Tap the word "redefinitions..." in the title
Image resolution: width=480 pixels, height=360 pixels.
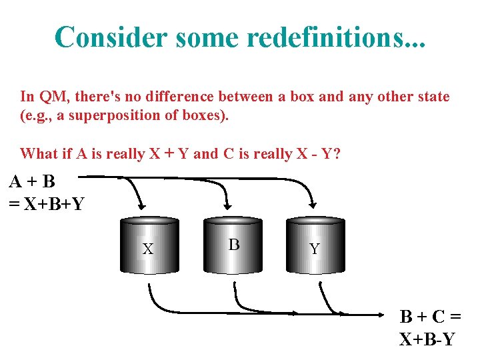336,37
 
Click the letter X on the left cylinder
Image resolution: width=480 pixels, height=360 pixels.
148,250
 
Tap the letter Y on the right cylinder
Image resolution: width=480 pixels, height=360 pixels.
315,249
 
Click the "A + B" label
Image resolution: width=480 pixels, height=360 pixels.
32,181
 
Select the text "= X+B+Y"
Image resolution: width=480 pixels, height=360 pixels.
46,203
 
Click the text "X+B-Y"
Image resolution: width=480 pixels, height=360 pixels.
427,339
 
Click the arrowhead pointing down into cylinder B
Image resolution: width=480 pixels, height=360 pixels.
227,203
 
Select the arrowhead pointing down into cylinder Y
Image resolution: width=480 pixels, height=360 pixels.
313,203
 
